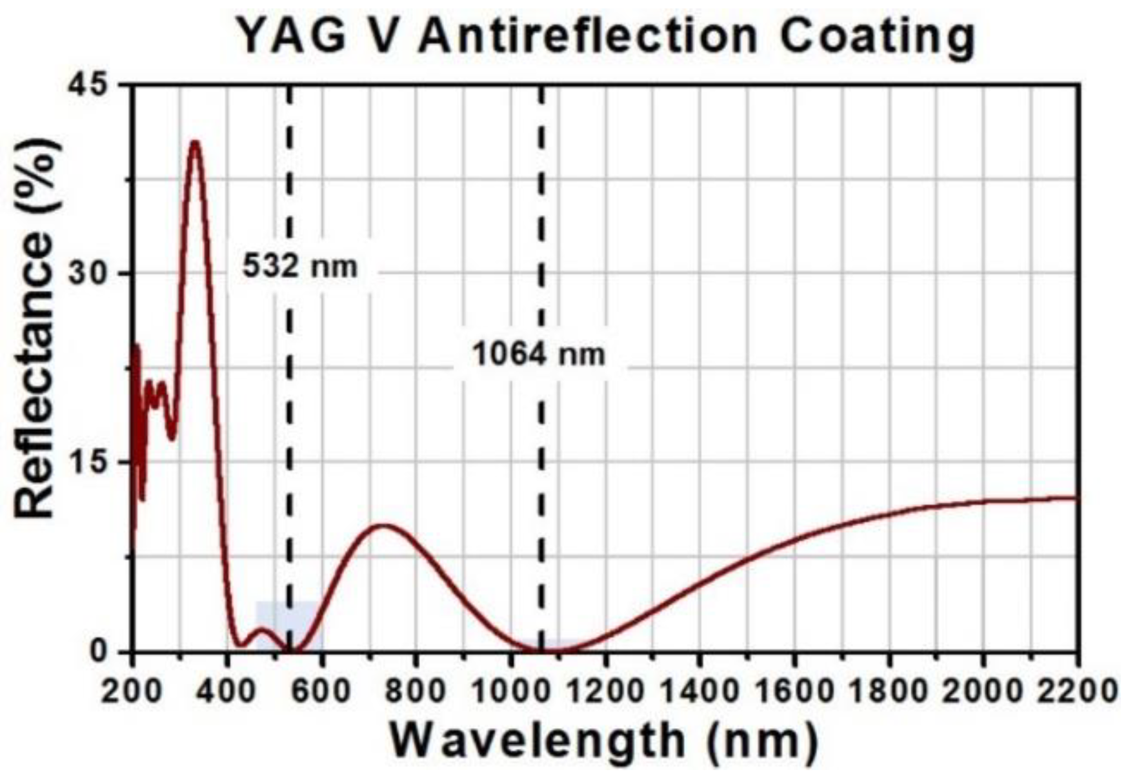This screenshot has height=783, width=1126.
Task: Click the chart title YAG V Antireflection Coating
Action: click(606, 36)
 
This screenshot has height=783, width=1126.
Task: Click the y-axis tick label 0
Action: click(101, 651)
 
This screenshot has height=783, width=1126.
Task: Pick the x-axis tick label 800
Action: click(416, 691)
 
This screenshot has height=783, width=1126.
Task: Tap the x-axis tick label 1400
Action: click(699, 691)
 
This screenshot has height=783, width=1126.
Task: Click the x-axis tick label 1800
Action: click(889, 691)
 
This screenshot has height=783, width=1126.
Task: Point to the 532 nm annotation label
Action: click(300, 265)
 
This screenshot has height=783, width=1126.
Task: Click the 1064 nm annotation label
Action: click(539, 354)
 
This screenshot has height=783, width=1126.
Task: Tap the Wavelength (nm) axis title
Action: click(604, 740)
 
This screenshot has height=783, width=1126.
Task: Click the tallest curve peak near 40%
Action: click(195, 142)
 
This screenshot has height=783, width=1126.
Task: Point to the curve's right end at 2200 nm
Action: click(1076, 498)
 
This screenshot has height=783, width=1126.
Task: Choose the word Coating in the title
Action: click(878, 36)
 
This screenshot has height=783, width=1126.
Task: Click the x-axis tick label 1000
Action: click(511, 691)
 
